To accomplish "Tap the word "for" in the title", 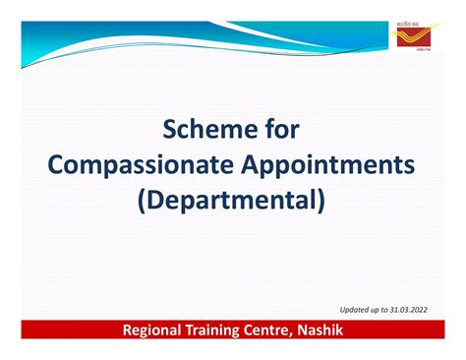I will click(280, 130).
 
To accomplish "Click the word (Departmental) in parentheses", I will click(233, 201).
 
